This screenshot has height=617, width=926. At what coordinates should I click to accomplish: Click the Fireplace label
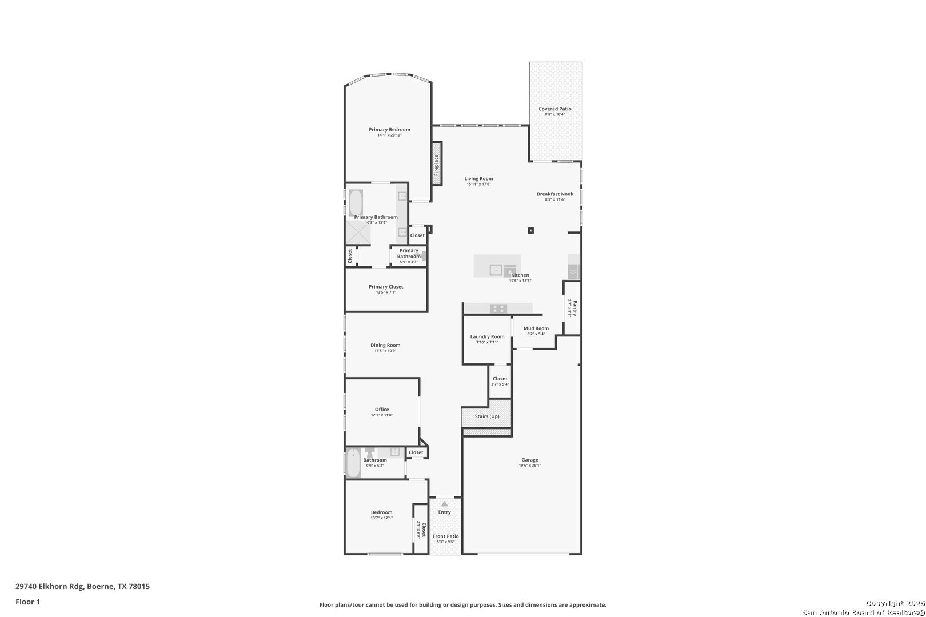click(436, 165)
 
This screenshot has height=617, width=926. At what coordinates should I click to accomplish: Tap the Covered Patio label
click(554, 109)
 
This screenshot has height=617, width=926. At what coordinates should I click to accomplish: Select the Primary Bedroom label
click(389, 130)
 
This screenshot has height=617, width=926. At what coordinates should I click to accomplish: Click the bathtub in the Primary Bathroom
click(356, 202)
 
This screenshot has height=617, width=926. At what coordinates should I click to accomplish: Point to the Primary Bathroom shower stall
click(358, 233)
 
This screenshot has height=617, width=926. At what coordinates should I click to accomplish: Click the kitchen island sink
click(496, 269)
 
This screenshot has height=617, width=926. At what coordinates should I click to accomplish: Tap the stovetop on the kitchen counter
click(498, 308)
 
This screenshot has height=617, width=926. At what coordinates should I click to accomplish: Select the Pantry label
click(574, 308)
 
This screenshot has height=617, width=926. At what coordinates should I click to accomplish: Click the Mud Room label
click(536, 328)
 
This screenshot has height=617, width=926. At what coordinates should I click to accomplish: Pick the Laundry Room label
click(487, 337)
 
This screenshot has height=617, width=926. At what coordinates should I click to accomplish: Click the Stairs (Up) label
click(487, 416)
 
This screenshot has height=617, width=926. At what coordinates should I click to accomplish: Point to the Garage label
click(529, 460)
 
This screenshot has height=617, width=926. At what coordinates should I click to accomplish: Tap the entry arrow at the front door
click(445, 503)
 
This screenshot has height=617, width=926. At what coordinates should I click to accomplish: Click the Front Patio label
click(445, 536)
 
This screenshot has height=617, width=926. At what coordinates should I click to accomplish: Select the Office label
click(382, 410)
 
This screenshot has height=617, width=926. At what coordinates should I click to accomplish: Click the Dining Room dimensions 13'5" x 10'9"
click(385, 351)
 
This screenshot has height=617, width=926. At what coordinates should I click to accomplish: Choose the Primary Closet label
click(386, 287)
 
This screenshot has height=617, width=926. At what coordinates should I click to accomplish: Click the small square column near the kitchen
click(531, 231)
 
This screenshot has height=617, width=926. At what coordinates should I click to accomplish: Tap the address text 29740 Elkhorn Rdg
click(50, 586)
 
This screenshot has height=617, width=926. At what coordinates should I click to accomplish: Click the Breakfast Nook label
click(554, 194)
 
